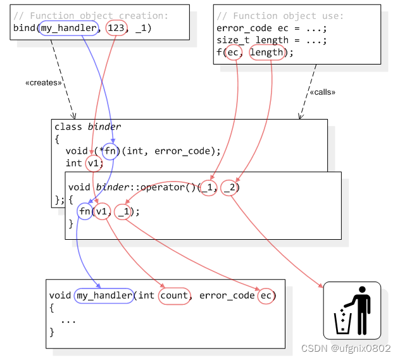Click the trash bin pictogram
[352, 311]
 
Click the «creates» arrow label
[44, 83]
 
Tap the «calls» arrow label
[322, 92]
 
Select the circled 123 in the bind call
[116, 28]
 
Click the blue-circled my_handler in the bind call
[68, 28]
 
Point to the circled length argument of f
[266, 53]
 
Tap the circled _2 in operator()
[230, 187]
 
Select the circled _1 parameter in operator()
[209, 187]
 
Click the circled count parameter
[174, 295]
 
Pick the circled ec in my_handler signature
[266, 295]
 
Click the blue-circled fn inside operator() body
[85, 211]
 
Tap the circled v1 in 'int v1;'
[94, 163]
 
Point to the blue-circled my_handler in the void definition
[104, 295]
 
